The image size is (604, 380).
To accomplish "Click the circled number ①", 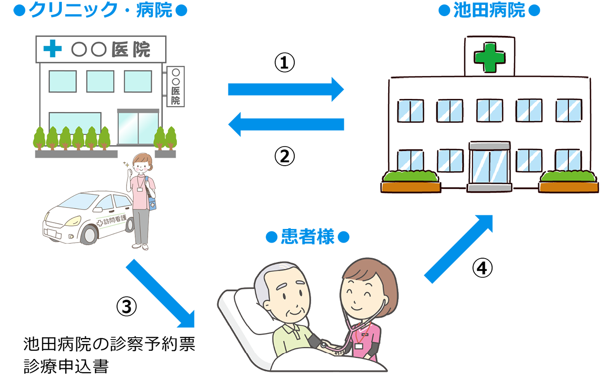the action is (284, 62).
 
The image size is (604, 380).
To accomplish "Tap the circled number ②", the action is (284, 156).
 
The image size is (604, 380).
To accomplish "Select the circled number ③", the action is (127, 306).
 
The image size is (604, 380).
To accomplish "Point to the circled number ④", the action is (482, 268).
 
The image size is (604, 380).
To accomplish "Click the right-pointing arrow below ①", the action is (286, 89).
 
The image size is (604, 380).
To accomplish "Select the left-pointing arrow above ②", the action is (286, 124).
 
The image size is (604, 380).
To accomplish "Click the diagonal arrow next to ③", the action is (160, 293).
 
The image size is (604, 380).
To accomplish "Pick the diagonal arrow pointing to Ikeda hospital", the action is (458, 249).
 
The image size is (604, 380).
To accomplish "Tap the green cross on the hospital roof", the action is (490, 57).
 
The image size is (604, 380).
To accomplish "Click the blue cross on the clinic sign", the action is (53, 49).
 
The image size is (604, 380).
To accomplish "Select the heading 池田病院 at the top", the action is (489, 10).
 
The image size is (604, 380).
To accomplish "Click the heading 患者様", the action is (307, 236).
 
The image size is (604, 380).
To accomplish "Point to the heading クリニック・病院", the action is (100, 10).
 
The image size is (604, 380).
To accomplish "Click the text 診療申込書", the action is (66, 366).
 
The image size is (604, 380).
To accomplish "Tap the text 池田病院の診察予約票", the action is (109, 344).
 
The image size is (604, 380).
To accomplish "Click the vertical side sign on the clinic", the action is (175, 87).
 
